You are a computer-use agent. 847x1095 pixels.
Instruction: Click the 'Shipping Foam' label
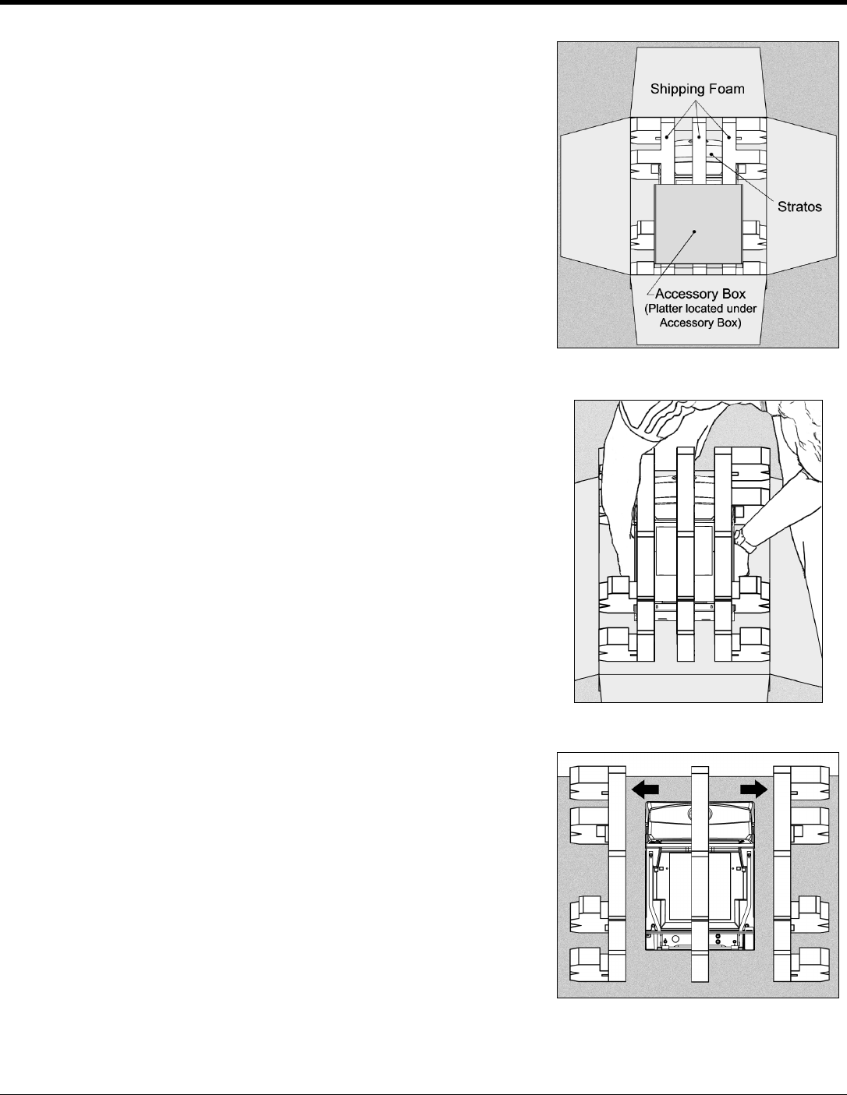[x=698, y=89]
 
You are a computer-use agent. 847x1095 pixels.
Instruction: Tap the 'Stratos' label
[x=799, y=209]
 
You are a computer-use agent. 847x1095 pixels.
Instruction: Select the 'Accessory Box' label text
[x=700, y=294]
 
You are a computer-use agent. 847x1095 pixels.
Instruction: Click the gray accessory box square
[x=696, y=224]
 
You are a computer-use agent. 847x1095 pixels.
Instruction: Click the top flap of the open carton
[x=698, y=66]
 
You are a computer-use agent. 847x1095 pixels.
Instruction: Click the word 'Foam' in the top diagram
[x=728, y=89]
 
